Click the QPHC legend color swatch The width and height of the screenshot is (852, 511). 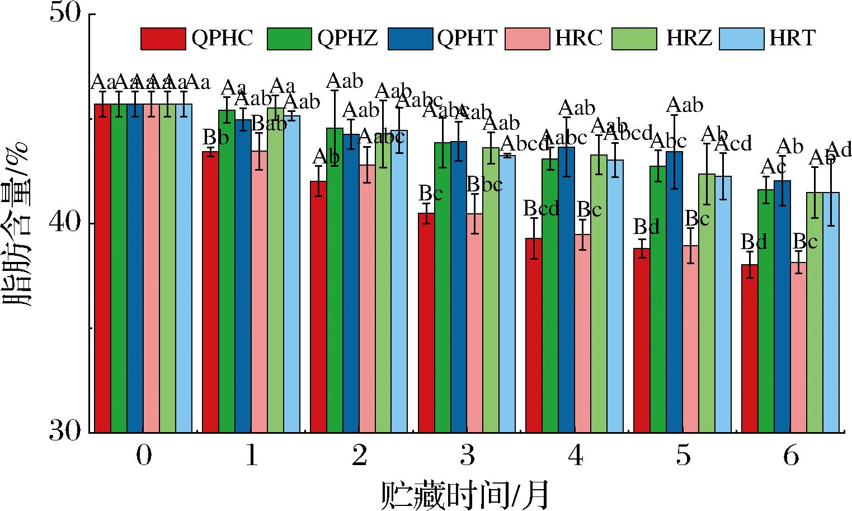pyautogui.click(x=163, y=38)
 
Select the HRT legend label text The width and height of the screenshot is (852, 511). pyautogui.click(x=792, y=38)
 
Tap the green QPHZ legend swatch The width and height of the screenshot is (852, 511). pyautogui.click(x=289, y=38)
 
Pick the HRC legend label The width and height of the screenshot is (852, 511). pyautogui.click(x=579, y=38)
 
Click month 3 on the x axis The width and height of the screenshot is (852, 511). pyautogui.click(x=467, y=457)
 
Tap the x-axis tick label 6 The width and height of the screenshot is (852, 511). pyautogui.click(x=790, y=457)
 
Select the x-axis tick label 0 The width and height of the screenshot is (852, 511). pyautogui.click(x=144, y=457)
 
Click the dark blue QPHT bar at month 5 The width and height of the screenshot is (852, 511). pyautogui.click(x=674, y=291)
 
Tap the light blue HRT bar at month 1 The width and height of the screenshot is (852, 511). pyautogui.click(x=291, y=274)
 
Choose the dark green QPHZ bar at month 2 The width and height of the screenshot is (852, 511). pyautogui.click(x=335, y=280)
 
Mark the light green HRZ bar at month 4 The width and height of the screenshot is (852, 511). pyautogui.click(x=599, y=294)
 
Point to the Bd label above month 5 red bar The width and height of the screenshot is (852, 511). pyautogui.click(x=647, y=227)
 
